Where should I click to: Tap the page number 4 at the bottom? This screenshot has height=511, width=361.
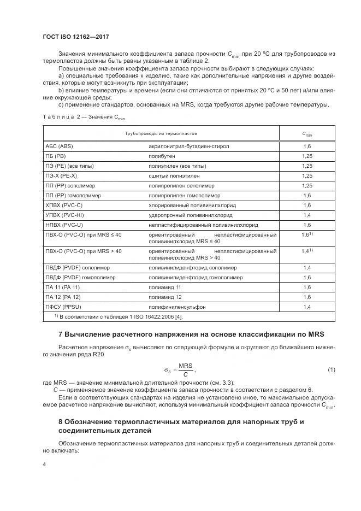pos(44,463)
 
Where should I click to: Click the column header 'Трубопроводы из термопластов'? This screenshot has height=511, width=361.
pos(161,133)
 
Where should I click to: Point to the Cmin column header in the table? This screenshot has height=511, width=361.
pos(307,133)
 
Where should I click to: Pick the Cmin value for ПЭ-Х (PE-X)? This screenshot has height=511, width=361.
pos(307,176)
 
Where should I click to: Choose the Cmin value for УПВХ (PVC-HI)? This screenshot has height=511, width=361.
pos(307,215)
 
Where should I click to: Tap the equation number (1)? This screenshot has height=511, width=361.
pos(331,370)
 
